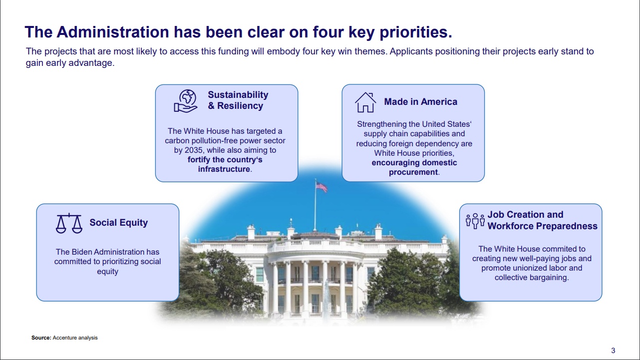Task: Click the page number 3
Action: click(613, 351)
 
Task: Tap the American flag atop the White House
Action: click(321, 187)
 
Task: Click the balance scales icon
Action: click(69, 223)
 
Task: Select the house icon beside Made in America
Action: click(365, 102)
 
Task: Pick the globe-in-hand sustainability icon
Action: click(186, 100)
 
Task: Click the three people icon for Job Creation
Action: click(475, 221)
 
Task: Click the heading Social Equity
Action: click(118, 223)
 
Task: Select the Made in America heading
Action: click(420, 102)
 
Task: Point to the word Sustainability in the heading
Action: click(238, 95)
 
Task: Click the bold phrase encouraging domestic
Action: click(414, 163)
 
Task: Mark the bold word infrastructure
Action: click(224, 169)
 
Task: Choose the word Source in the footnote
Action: click(41, 338)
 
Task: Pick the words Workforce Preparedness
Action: click(542, 226)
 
